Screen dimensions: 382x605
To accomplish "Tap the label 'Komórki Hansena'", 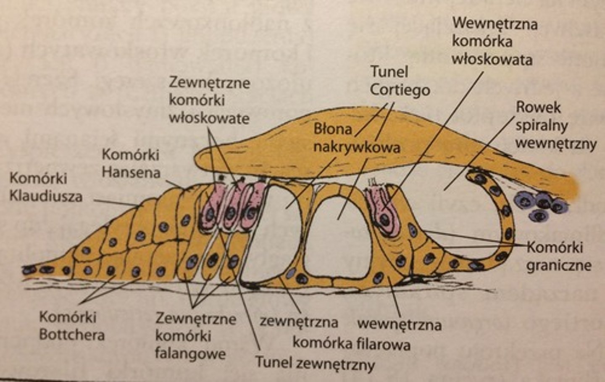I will (131, 164).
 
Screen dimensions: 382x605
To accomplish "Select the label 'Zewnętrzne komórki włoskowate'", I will (209, 100).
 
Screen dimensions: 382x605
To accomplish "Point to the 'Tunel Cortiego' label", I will (400, 81).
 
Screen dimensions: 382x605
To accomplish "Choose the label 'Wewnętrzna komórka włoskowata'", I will (494, 41).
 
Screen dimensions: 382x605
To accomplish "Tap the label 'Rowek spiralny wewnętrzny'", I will (555, 126).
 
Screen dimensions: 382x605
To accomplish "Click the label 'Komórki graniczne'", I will (558, 256).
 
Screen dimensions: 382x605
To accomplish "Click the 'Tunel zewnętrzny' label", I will (315, 363).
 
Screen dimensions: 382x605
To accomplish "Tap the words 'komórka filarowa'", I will (351, 343).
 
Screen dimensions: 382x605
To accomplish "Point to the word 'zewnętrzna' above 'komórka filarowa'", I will (299, 322).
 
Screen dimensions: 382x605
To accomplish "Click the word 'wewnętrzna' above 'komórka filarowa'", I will (399, 324).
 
